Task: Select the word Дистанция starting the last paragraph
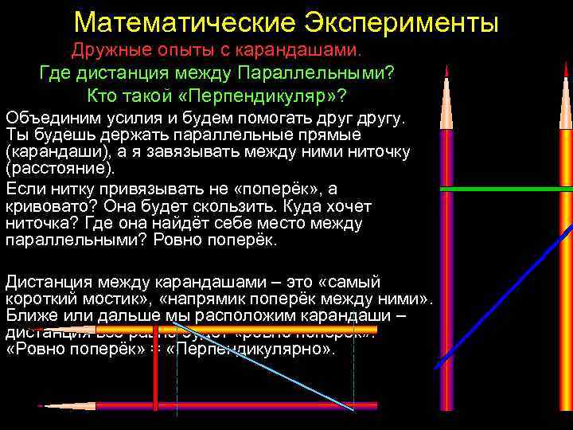tap(47, 282)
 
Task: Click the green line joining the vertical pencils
tap(506, 189)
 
